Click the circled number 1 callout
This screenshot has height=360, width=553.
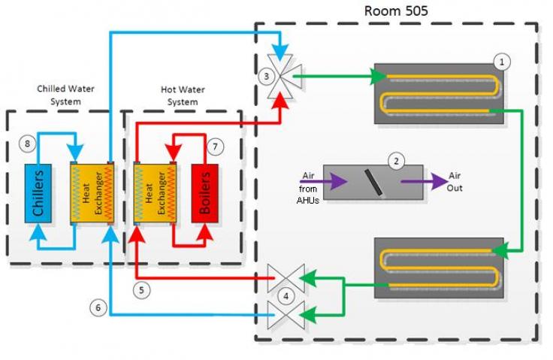pyautogui.click(x=502, y=62)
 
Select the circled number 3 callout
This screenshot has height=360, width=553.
pyautogui.click(x=264, y=77)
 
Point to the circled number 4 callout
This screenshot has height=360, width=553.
pyautogui.click(x=285, y=296)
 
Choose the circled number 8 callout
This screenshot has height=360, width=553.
pyautogui.click(x=29, y=144)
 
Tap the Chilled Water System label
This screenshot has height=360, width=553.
pyautogui.click(x=66, y=95)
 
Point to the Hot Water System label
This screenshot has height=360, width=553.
pyautogui.click(x=183, y=95)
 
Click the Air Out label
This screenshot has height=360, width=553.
pyautogui.click(x=455, y=181)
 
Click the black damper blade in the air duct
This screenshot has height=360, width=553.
pyautogui.click(x=373, y=181)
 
